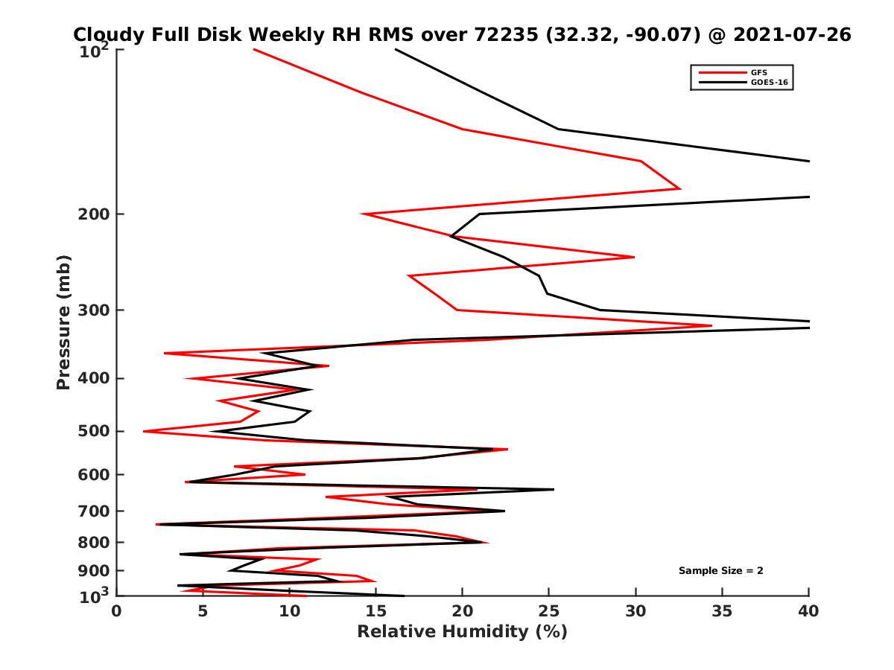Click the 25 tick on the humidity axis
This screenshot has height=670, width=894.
click(x=549, y=612)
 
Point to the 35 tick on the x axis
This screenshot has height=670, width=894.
click(x=722, y=612)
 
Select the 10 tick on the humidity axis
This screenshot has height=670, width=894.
click(x=290, y=612)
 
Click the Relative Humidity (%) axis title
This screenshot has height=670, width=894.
click(x=462, y=632)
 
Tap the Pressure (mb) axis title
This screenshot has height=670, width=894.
click(x=63, y=322)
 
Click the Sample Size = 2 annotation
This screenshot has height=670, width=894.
click(x=720, y=571)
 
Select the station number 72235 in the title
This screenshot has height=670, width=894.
click(x=504, y=35)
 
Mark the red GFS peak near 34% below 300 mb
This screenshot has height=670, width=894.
click(x=711, y=325)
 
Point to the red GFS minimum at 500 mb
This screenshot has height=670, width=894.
click(x=144, y=431)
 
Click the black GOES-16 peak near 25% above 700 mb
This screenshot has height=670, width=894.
click(x=554, y=489)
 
